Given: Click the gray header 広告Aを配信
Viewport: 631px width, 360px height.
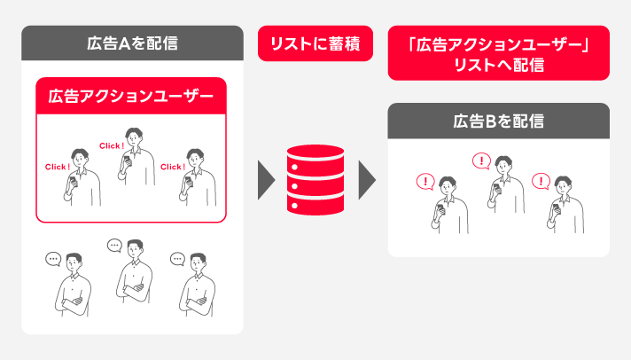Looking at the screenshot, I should coord(132,43).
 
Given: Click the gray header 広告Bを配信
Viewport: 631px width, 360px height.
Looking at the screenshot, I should coord(499,120).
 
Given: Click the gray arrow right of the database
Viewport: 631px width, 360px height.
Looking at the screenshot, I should coord(366,180).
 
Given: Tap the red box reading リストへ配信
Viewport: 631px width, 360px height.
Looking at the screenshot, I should coord(499,54).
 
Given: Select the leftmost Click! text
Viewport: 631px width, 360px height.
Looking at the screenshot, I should coord(57,167).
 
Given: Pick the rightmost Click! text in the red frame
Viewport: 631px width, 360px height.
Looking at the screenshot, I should coord(172,167).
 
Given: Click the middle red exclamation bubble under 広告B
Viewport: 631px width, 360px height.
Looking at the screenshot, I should coord(481,161).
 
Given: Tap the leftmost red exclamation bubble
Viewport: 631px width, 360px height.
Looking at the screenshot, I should coord(426,182).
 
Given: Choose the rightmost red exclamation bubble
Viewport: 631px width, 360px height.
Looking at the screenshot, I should coord(541,182).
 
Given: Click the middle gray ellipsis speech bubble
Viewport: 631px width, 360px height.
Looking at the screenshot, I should coord(114,246).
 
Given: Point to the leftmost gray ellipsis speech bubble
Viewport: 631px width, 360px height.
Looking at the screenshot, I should coord(53,260).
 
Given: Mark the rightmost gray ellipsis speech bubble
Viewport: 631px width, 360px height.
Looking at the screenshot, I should coord(177,260).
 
